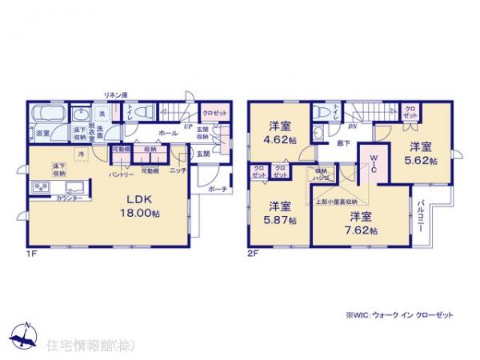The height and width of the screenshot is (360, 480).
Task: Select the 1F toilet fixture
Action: (139, 114)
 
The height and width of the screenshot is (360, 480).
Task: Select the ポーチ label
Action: (216, 190)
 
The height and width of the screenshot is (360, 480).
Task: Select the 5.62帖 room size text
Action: (422, 160)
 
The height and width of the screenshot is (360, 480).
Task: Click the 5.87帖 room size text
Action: (279, 219)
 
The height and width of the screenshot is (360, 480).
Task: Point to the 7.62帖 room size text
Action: (363, 230)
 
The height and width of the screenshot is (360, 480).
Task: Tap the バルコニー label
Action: (421, 216)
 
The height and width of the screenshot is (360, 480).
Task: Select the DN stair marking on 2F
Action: (352, 126)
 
